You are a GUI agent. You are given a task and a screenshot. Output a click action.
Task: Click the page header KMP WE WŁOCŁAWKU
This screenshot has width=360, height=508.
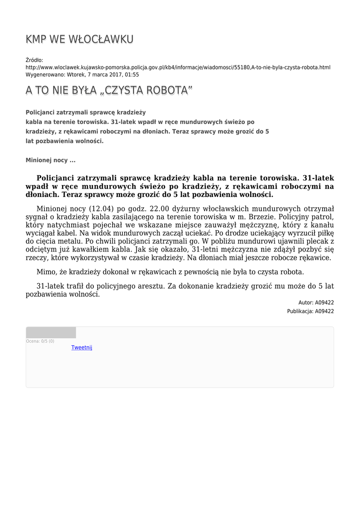tap(79, 40)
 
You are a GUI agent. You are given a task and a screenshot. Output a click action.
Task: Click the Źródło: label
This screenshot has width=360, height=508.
tap(35, 60)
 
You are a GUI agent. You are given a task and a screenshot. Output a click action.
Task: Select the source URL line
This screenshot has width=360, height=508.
tap(178, 67)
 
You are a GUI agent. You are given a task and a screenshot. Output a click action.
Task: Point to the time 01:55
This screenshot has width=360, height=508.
tap(132, 75)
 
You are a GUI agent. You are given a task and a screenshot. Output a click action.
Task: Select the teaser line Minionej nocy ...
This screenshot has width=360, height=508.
tap(50, 160)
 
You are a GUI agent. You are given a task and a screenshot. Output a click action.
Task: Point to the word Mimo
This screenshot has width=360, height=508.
tap(47, 272)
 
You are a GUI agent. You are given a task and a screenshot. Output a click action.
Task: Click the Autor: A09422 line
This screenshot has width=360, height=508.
tap(316, 303)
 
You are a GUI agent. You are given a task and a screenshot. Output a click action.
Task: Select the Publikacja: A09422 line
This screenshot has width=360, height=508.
tap(310, 312)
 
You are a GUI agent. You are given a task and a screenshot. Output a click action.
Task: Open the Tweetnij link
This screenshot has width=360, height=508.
tap(82, 348)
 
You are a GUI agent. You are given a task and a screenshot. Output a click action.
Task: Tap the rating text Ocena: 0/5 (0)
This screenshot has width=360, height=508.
tap(40, 341)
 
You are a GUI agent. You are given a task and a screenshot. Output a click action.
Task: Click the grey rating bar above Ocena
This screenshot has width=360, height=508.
tap(51, 332)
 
